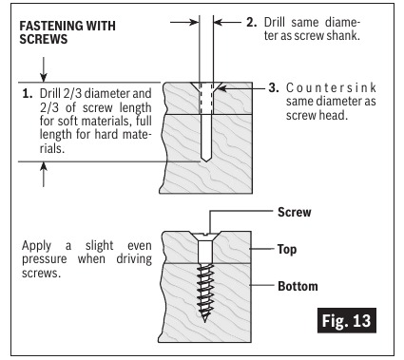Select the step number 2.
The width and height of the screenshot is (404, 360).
(x=251, y=19)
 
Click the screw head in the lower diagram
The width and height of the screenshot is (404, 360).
(x=205, y=233)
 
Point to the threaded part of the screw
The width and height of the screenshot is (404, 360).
(x=205, y=291)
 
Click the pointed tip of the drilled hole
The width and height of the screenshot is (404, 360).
(x=204, y=161)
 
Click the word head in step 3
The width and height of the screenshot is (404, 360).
(x=334, y=116)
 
